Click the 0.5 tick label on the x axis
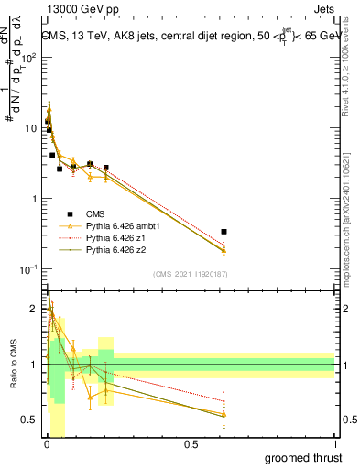click(191, 444)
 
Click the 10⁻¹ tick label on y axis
click(28, 269)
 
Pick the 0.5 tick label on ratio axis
click(29, 420)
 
